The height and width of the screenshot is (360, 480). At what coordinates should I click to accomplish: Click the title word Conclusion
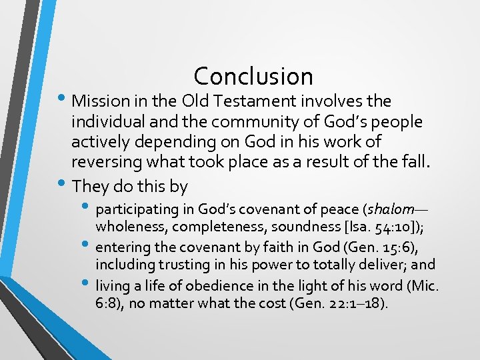(253, 76)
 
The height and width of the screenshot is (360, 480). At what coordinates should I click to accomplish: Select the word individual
(107, 123)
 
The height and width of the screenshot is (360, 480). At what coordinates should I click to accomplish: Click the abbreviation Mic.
(429, 286)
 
